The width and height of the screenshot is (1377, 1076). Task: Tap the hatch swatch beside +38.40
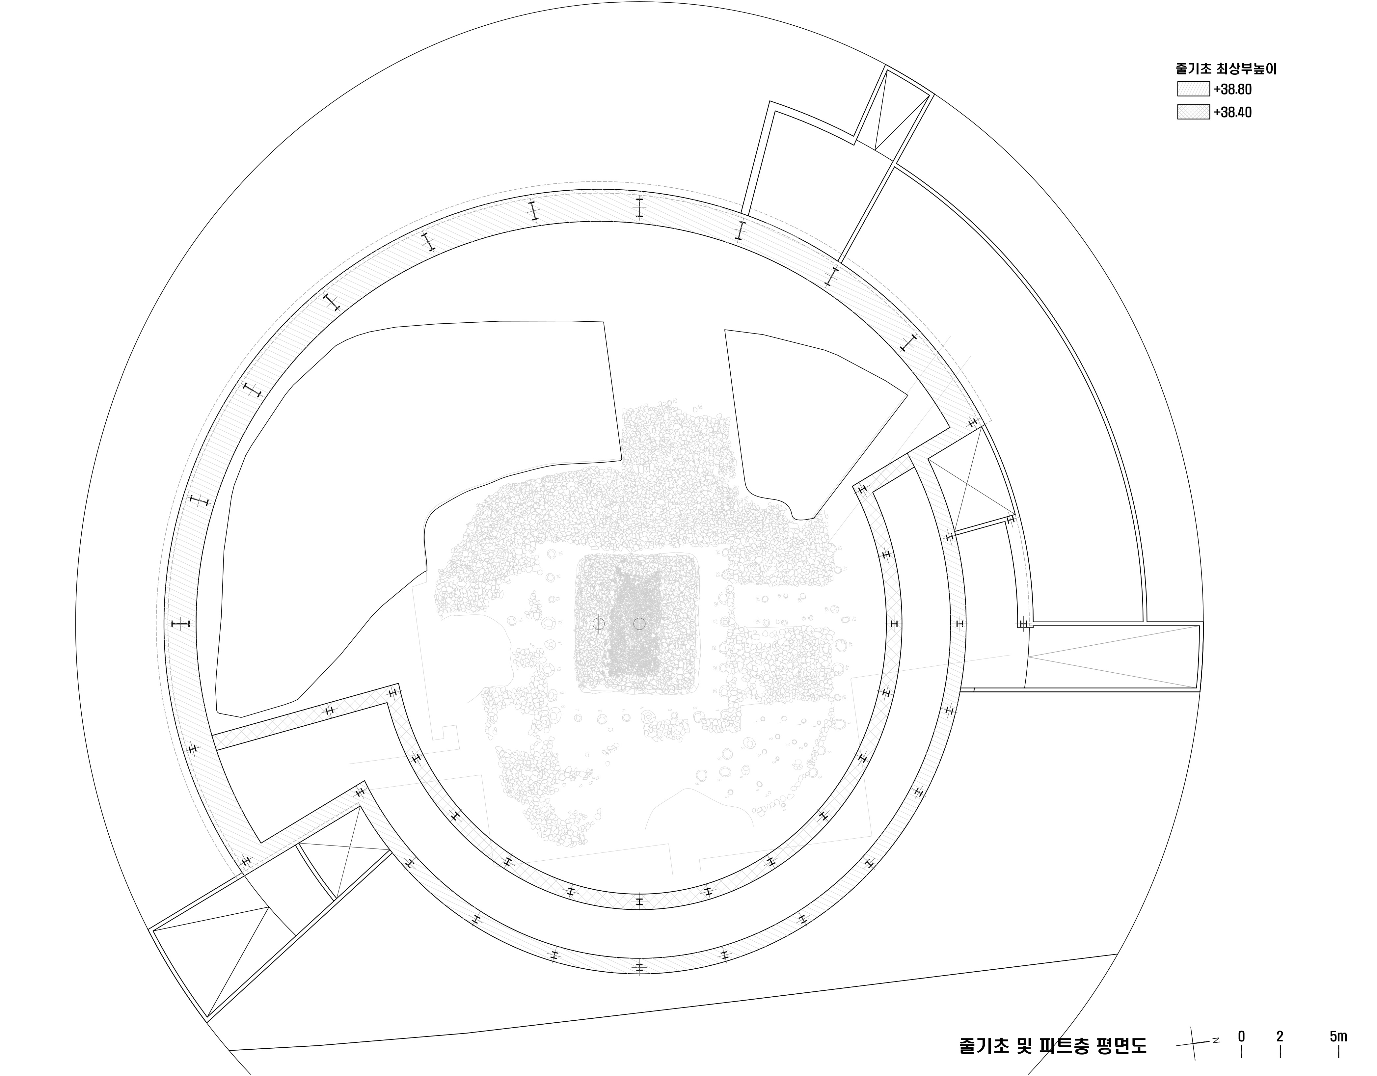1193,112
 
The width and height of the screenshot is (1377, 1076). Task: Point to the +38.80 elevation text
1233,90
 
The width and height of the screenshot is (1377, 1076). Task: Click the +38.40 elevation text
1233,113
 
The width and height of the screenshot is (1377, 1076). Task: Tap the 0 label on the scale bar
1241,1037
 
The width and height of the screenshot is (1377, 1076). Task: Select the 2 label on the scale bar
1280,1037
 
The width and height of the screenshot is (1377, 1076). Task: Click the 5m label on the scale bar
1338,1037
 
